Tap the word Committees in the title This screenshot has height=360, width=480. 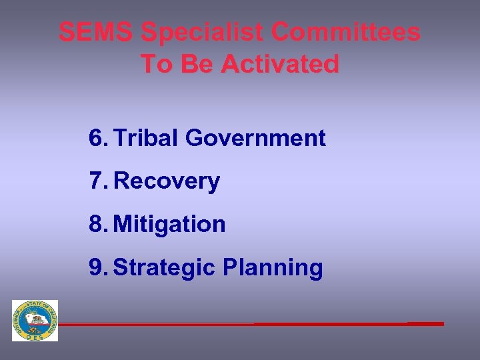[347, 32]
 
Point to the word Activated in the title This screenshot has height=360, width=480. [280, 64]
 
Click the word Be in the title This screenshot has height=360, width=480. [196, 64]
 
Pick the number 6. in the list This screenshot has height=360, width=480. [97, 138]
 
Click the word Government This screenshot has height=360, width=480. [255, 138]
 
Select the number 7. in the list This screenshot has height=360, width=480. [97, 181]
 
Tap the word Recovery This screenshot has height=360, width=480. [167, 181]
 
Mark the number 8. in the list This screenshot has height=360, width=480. [97, 224]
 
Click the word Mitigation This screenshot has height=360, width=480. [169, 224]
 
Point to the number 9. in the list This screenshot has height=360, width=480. [97, 267]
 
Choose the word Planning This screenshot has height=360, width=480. [273, 267]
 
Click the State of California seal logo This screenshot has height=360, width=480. [35, 320]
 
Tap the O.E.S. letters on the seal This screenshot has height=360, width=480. [35, 336]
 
